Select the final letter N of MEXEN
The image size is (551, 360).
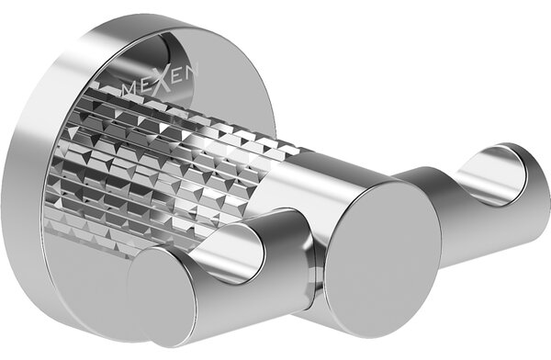(x=192, y=72)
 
